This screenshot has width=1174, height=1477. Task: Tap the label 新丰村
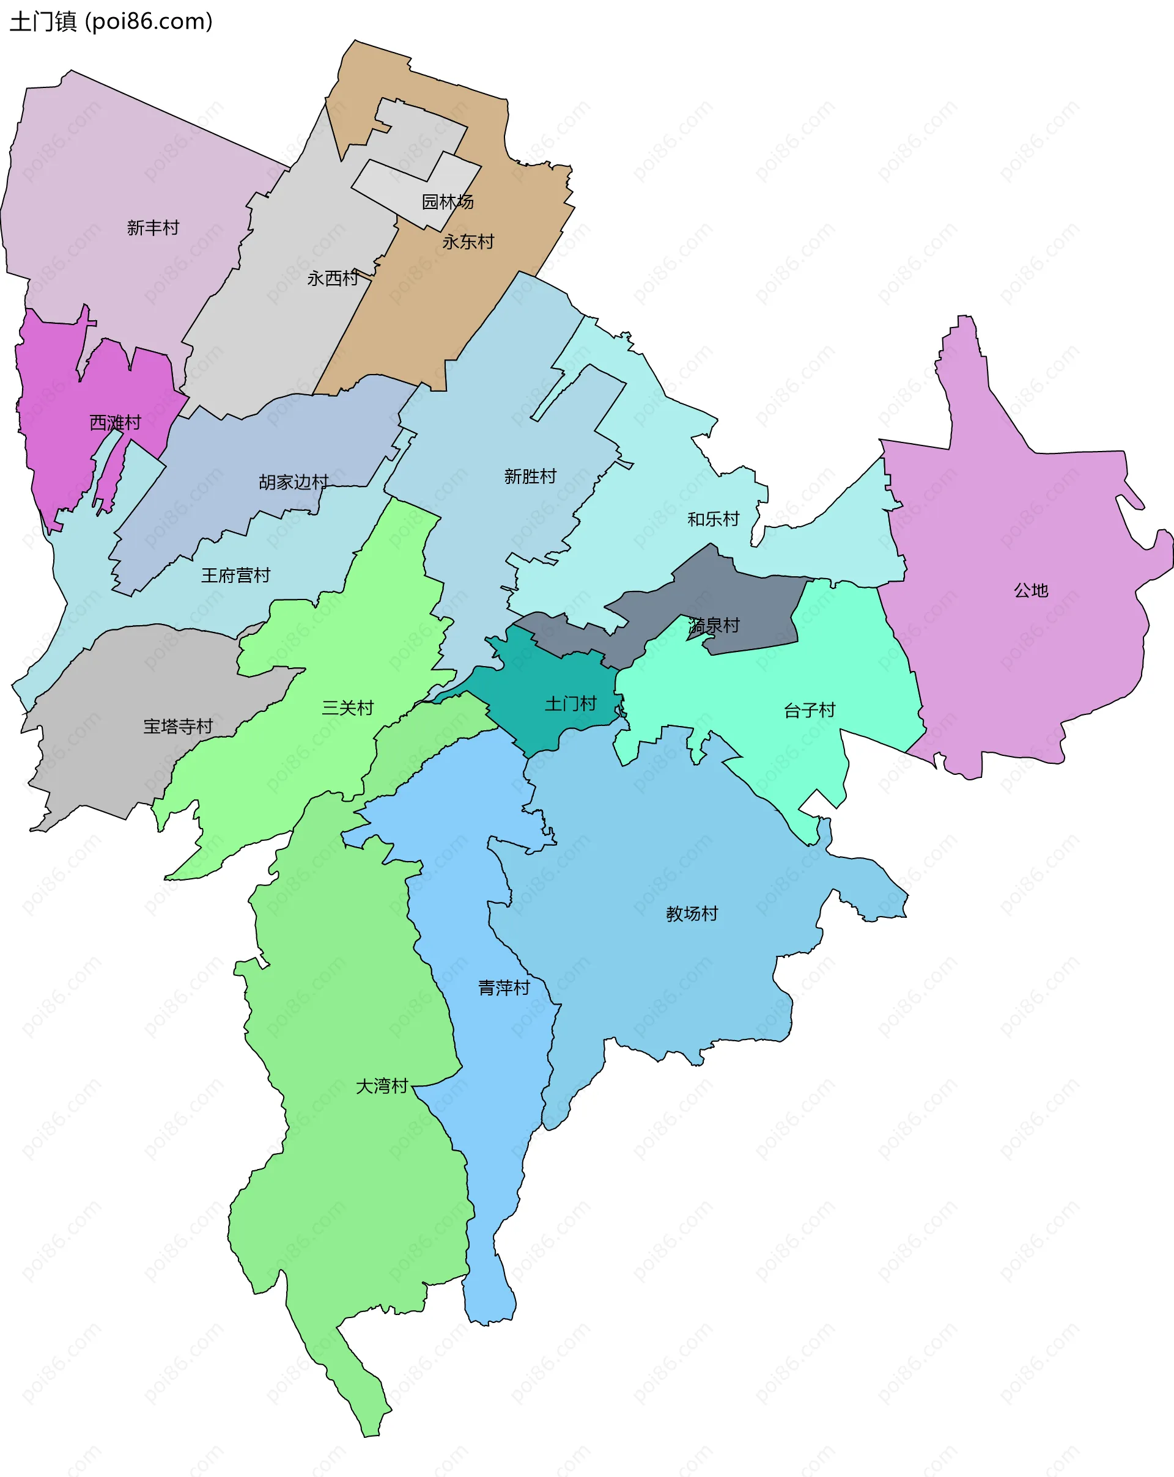click(x=153, y=227)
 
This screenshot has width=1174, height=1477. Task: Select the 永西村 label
click(x=333, y=278)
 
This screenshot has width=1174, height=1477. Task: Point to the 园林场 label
click(x=448, y=202)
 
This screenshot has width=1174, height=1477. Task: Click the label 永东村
click(x=468, y=242)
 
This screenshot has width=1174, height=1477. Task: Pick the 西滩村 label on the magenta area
click(x=115, y=423)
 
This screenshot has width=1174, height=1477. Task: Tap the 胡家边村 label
click(x=293, y=482)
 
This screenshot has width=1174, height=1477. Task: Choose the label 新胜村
click(x=530, y=476)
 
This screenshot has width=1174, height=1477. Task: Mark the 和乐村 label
click(x=714, y=519)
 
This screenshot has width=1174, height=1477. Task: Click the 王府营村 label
click(x=235, y=576)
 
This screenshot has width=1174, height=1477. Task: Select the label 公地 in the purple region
click(x=1031, y=590)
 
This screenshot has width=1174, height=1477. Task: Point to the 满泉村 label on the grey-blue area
click(x=714, y=626)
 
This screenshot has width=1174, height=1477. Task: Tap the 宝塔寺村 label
click(x=177, y=726)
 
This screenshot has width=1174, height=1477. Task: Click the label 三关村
click(x=347, y=708)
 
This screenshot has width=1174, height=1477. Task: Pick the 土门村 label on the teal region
click(x=570, y=703)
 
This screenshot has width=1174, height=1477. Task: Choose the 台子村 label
click(x=810, y=711)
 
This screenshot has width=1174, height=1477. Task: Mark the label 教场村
click(x=692, y=914)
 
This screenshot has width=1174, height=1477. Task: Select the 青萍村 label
click(x=504, y=988)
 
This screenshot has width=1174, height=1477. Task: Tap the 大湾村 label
click(x=382, y=1086)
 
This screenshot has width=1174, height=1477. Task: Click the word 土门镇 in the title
click(x=42, y=22)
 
